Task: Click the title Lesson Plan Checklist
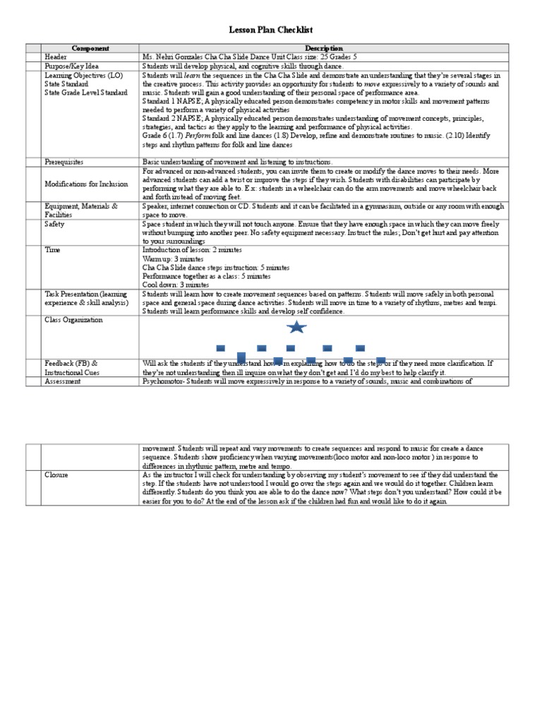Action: tap(271, 30)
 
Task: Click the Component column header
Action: tap(91, 49)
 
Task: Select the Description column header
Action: tap(324, 49)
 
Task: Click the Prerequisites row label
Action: tap(64, 162)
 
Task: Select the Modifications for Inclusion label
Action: tap(86, 184)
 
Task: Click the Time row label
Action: tap(52, 250)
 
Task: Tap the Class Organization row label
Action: tap(73, 320)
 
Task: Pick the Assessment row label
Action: tap(62, 381)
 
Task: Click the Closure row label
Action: tap(56, 475)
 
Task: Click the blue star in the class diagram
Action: tap(296, 328)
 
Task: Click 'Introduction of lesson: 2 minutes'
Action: tap(192, 250)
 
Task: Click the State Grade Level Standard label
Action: tap(86, 92)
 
